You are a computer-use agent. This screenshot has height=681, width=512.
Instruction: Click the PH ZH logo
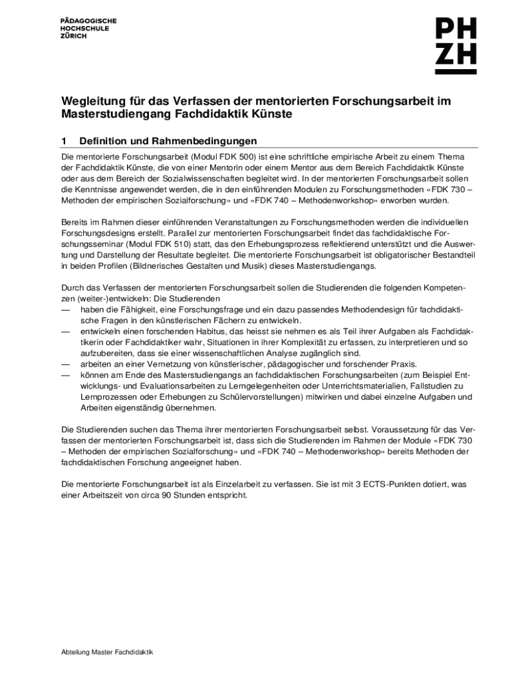(455, 45)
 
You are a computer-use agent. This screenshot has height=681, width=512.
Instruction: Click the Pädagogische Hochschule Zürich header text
(88, 29)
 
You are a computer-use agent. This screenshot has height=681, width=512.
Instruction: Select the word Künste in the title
(271, 114)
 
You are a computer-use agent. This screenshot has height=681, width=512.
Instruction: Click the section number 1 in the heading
(64, 141)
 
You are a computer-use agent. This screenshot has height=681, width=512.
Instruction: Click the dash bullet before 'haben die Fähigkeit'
(65, 309)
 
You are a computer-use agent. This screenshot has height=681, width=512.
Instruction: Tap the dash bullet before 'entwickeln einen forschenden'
(65, 331)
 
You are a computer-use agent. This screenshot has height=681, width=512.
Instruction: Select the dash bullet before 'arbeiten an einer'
(65, 364)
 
